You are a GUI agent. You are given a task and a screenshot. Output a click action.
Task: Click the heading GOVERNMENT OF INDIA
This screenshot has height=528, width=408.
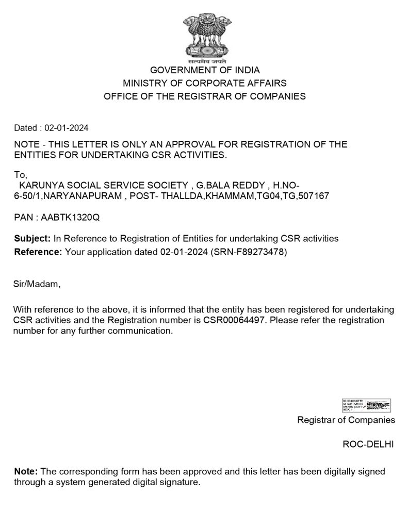205,70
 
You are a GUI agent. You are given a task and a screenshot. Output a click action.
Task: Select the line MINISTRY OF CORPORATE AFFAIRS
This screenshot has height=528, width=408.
205,83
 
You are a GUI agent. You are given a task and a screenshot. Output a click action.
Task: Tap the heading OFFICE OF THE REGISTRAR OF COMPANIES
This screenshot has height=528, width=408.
205,96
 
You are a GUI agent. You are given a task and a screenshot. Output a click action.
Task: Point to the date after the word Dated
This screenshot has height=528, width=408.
67,128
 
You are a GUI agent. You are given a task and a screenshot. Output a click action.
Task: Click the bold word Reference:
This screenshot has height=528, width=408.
38,252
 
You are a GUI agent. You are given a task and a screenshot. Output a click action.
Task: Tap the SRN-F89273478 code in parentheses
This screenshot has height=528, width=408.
249,252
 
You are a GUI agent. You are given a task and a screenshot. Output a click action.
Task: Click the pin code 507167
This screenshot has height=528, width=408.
316,196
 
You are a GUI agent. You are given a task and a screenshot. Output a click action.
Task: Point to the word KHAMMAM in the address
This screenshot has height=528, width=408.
229,196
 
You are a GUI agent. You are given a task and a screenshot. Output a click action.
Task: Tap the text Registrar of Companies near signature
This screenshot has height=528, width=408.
346,420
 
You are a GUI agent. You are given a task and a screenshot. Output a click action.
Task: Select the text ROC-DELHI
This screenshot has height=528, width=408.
368,444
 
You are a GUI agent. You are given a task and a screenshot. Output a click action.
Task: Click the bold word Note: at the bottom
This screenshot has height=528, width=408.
26,472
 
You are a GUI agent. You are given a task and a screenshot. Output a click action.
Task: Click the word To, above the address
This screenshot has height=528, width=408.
21,175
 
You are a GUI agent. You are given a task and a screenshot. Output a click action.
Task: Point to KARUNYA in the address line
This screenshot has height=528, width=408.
40,185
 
